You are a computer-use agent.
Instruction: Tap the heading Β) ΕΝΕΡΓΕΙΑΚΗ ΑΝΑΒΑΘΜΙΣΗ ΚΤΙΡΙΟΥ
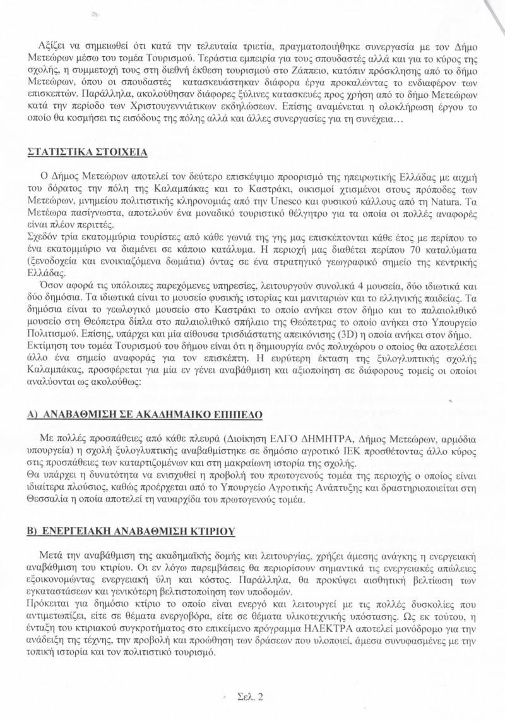pyautogui.click(x=131, y=532)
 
